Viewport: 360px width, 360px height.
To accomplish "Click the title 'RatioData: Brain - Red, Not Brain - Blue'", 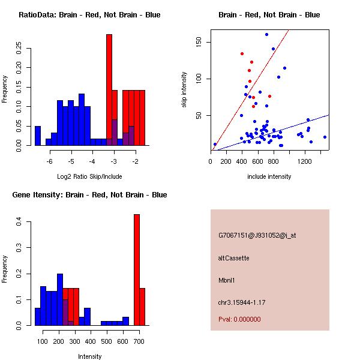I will [89, 15].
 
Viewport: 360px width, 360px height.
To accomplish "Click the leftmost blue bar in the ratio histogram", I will [38, 135].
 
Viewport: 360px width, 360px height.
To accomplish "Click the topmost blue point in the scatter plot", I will [266, 34].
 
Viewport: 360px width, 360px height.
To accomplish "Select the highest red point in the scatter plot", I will [242, 53].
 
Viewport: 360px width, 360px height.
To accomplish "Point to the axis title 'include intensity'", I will [269, 176].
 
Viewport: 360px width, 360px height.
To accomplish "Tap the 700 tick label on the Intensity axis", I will [139, 341].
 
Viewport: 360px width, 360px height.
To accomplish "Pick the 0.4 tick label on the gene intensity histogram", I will [19, 222].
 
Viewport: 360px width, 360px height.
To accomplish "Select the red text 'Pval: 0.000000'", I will [240, 319].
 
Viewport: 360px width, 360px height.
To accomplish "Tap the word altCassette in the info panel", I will [234, 257].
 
